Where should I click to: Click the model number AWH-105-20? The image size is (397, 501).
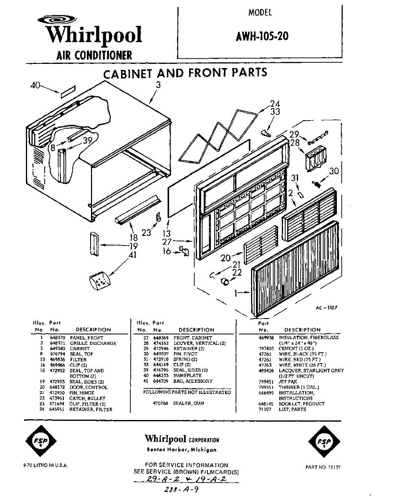262,36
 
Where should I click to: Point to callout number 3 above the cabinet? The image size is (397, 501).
158,85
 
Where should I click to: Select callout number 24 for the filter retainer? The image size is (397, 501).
275,104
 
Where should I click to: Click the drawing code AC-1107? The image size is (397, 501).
326,308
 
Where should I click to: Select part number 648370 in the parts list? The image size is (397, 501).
56,338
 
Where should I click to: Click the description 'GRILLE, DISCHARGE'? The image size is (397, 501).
93,343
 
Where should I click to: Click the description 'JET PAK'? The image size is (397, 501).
288,382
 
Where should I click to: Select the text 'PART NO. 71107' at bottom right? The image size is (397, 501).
323,467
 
